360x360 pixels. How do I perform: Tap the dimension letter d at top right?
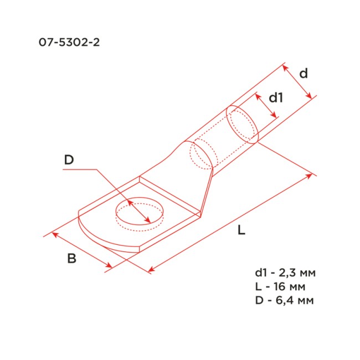303,74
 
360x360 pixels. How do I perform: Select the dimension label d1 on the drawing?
276,98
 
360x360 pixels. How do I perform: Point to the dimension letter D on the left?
69,161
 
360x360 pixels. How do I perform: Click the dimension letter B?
71,258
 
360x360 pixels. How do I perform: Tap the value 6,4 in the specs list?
287,301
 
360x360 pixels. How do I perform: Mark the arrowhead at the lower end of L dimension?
151,271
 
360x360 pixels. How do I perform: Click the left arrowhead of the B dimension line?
54,235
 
